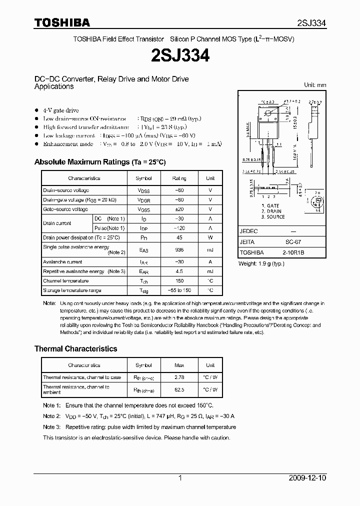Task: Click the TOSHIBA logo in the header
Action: (x=62, y=22)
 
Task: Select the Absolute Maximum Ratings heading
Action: (x=99, y=162)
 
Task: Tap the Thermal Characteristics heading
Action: (x=75, y=348)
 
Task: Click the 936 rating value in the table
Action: (x=179, y=249)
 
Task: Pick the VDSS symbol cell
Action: (x=143, y=190)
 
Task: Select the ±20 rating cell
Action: (x=179, y=209)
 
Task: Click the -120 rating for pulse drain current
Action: (x=179, y=228)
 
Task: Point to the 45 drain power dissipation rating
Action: (x=179, y=237)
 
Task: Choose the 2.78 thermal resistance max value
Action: (x=179, y=377)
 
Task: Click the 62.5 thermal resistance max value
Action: (x=179, y=389)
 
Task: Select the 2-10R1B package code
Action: (x=292, y=252)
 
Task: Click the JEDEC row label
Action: (x=248, y=231)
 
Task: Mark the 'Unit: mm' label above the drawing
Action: (x=315, y=85)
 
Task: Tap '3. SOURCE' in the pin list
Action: (x=272, y=217)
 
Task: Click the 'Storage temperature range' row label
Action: (x=72, y=290)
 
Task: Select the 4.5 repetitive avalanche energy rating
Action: (x=179, y=271)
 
